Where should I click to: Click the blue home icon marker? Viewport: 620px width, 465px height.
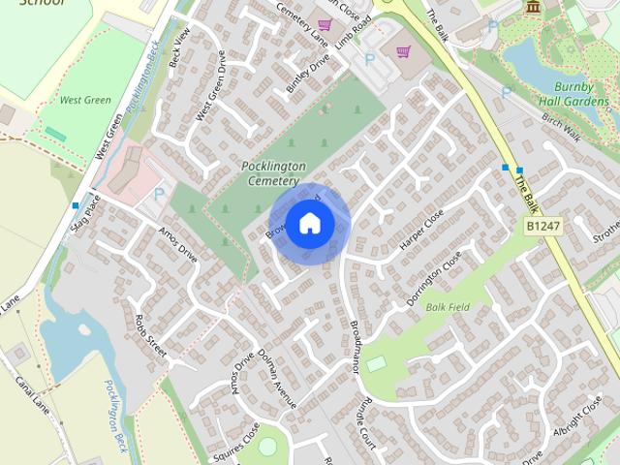pos(309,223)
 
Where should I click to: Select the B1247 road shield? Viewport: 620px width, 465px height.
pos(543,226)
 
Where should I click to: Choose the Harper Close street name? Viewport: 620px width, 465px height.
pos(421,231)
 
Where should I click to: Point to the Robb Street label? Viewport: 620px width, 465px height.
pos(151,335)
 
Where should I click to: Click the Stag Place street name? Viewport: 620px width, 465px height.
pos(85,214)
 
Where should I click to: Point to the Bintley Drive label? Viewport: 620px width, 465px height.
pos(308,73)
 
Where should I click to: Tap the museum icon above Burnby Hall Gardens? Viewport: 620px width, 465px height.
pos(533,8)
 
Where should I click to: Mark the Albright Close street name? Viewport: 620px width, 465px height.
pos(577,418)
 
